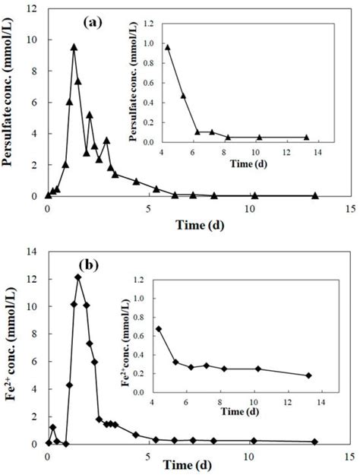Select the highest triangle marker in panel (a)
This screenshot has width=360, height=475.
point(74,47)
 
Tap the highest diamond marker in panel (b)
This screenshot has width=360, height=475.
point(78,277)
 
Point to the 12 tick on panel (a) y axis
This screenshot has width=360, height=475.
point(36,9)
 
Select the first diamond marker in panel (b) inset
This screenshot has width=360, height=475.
point(158,329)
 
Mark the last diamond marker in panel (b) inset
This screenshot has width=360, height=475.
point(308,375)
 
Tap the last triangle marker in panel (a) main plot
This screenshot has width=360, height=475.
point(315,195)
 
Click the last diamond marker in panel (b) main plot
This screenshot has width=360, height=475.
point(315,442)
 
